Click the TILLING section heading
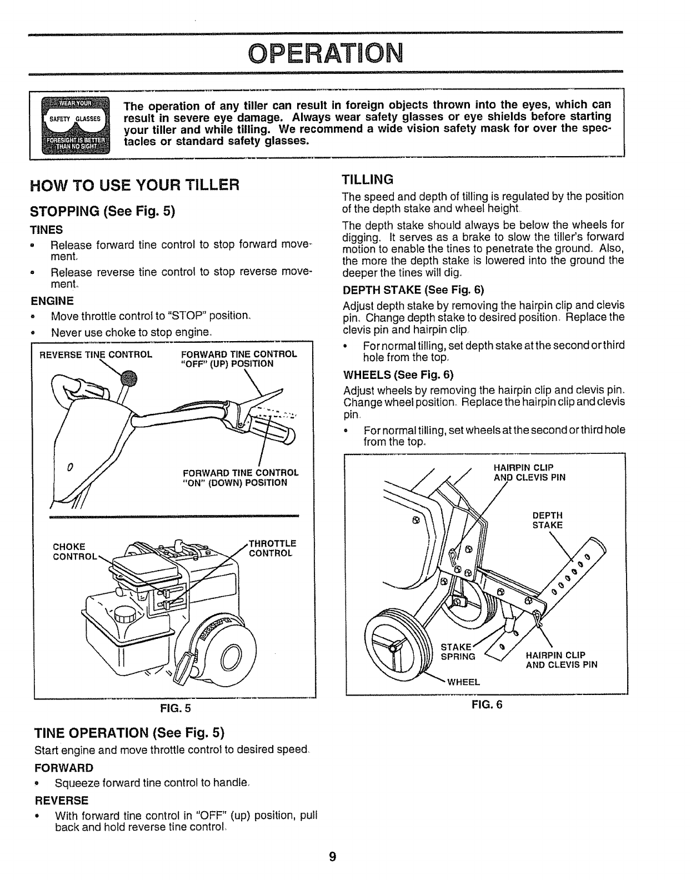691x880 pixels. click(x=367, y=179)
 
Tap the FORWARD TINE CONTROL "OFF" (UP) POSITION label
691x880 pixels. click(x=239, y=359)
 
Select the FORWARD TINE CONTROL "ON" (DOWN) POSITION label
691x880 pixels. click(x=241, y=478)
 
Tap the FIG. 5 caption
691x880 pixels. click(x=175, y=708)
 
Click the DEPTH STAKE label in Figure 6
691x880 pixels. click(x=547, y=520)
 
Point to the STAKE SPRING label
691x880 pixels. click(x=458, y=652)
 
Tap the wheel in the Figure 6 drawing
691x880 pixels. click(x=396, y=647)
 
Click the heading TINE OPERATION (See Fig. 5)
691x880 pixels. click(x=132, y=730)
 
